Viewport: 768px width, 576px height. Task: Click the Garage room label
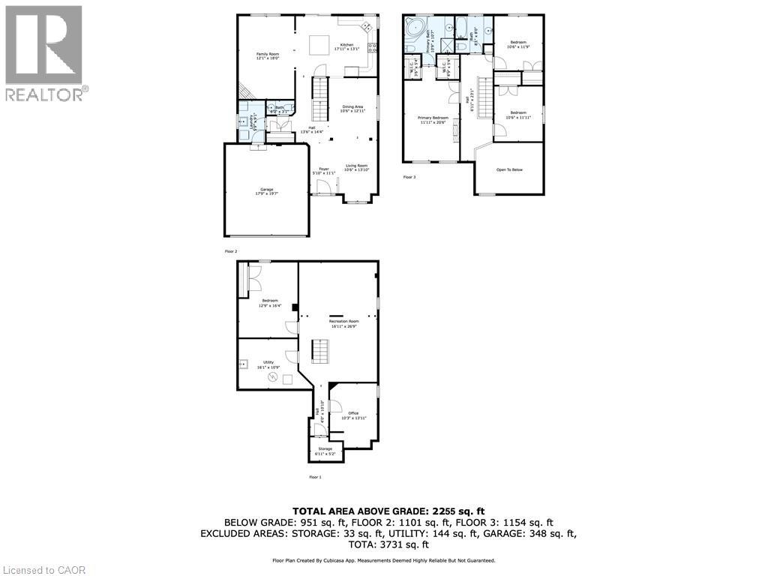coord(267,190)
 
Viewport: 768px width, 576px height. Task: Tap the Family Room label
coord(268,55)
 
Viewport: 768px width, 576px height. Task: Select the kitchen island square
coord(320,45)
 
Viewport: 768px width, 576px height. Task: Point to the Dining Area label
coord(352,109)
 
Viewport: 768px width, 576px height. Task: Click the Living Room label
coord(356,167)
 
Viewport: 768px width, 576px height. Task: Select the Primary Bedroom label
coord(433,119)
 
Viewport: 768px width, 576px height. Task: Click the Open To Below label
coord(509,169)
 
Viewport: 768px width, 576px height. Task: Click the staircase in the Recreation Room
coord(320,350)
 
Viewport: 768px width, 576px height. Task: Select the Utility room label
coord(268,364)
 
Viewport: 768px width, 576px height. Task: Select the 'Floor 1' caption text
coord(315,477)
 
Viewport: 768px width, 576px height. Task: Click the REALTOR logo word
coord(46,94)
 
